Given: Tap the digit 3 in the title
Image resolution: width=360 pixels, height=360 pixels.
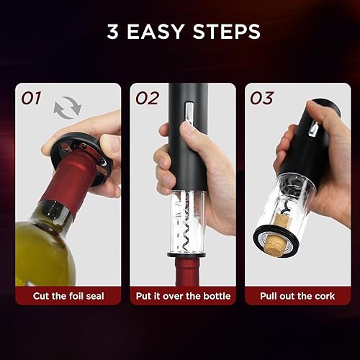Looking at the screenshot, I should (x=113, y=32).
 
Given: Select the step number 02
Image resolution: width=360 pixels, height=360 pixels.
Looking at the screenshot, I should (x=146, y=98).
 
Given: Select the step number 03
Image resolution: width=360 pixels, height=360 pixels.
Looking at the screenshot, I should (x=262, y=98).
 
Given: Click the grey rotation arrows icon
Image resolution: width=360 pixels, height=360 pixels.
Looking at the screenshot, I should (x=68, y=109).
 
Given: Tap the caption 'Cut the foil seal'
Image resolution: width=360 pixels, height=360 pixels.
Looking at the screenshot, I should (x=68, y=296).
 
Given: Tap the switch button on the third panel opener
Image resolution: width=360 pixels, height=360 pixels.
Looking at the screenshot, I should (x=312, y=129).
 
